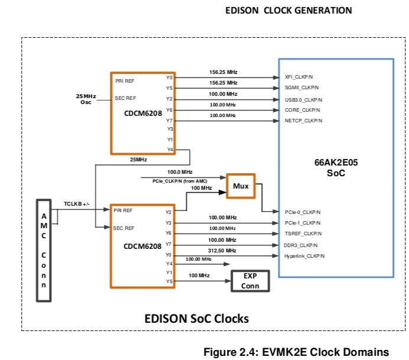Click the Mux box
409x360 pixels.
pos(240,186)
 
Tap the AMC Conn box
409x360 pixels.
pos(44,251)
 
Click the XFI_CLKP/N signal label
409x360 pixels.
pos(302,77)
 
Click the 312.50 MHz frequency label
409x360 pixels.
pos(222,251)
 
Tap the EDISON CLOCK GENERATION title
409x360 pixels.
pos(289,10)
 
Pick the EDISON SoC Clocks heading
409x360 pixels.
pos(197,319)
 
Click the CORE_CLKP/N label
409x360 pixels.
pos(303,110)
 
